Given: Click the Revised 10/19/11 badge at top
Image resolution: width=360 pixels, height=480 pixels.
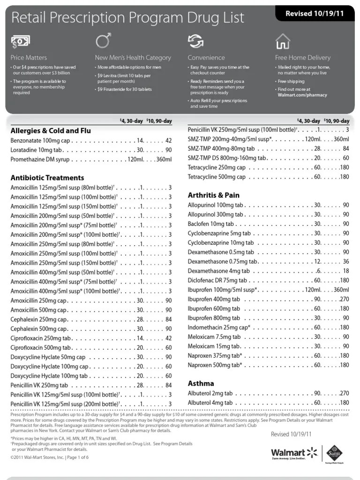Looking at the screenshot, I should [315, 14].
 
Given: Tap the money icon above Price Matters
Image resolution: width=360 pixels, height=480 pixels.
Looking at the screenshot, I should [21, 42].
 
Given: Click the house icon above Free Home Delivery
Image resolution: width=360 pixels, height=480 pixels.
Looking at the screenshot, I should [283, 41].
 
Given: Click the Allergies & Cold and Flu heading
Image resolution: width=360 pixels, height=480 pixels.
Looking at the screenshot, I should [51, 131].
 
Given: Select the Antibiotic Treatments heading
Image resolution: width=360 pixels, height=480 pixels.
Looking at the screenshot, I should [47, 178].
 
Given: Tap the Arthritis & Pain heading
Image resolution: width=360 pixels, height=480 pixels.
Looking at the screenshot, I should [213, 195].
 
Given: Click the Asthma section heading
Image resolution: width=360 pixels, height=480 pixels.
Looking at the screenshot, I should [201, 383].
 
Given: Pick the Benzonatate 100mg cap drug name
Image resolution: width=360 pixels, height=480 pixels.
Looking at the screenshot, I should [40, 141].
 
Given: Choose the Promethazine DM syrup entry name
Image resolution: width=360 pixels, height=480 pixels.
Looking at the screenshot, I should [40, 159].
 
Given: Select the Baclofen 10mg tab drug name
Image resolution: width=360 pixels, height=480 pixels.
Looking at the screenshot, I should [210, 224].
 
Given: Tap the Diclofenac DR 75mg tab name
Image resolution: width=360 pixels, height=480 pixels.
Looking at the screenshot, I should [217, 280].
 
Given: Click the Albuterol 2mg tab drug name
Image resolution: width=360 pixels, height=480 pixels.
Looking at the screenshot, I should [210, 393].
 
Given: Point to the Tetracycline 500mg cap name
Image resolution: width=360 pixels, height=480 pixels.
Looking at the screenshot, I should [217, 177].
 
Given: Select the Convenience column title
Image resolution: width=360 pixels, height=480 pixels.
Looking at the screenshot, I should [206, 58].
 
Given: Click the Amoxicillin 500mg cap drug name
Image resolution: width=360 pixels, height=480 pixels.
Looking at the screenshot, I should [39, 310].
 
